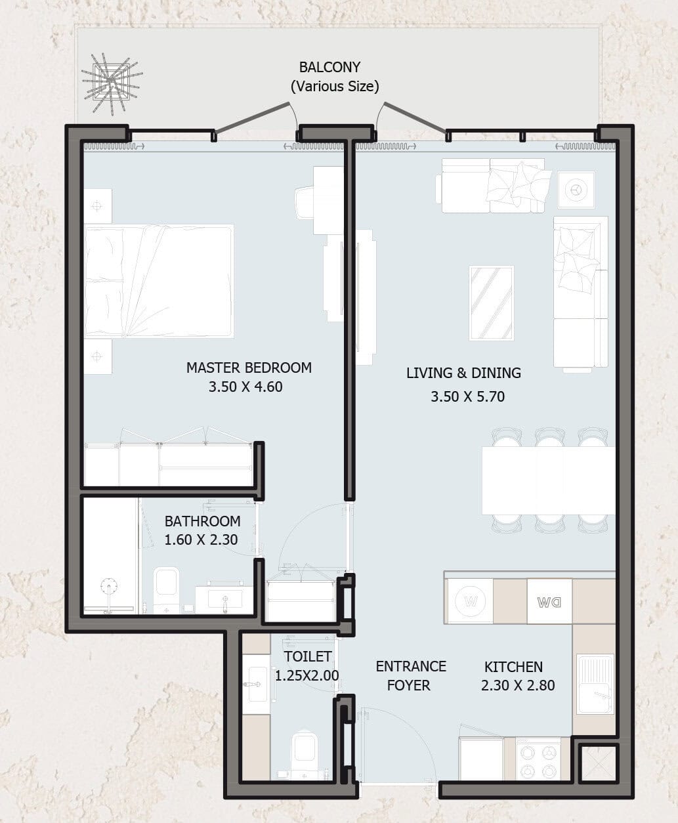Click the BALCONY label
click(x=329, y=68)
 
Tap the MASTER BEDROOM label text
click(x=249, y=368)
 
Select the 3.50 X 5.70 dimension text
click(x=467, y=396)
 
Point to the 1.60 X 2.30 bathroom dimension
click(x=201, y=539)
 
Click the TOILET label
click(x=308, y=656)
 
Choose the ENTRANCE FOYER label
click(x=411, y=675)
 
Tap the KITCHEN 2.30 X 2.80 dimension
click(x=518, y=685)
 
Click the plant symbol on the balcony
click(x=112, y=83)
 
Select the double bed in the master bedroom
click(x=159, y=281)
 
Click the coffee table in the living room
click(x=492, y=303)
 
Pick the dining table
click(x=548, y=480)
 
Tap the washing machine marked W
click(x=471, y=601)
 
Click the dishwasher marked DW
click(x=549, y=601)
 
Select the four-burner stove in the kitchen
click(x=538, y=759)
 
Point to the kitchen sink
click(x=595, y=685)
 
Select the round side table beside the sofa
click(x=576, y=190)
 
